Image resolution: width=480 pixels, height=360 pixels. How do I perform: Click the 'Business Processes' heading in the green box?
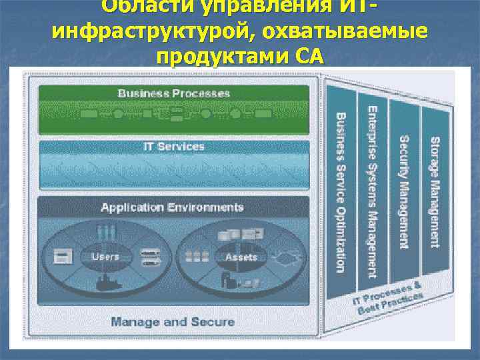tap(173, 94)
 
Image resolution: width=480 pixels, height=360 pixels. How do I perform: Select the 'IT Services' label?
tap(174, 147)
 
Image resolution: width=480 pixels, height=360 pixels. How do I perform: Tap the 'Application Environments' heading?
tap(172, 207)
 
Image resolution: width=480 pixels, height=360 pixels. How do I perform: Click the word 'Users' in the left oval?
tap(105, 256)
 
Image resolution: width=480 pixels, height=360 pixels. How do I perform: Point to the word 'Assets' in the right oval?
tap(241, 257)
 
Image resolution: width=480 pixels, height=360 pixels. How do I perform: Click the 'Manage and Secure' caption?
tap(173, 322)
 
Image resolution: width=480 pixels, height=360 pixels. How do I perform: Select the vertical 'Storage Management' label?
tap(435, 192)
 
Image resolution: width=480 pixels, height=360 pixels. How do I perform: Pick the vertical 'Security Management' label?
tap(404, 192)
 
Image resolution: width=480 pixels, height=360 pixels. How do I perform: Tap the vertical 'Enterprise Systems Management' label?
tap(372, 192)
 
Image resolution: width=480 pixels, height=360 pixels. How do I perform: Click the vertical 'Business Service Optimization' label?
tap(341, 192)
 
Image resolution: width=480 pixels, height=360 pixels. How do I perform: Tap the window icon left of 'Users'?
tap(64, 256)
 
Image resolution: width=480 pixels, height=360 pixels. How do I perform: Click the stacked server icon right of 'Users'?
tap(146, 256)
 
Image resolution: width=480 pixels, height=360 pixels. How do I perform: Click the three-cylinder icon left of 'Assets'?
tap(199, 257)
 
